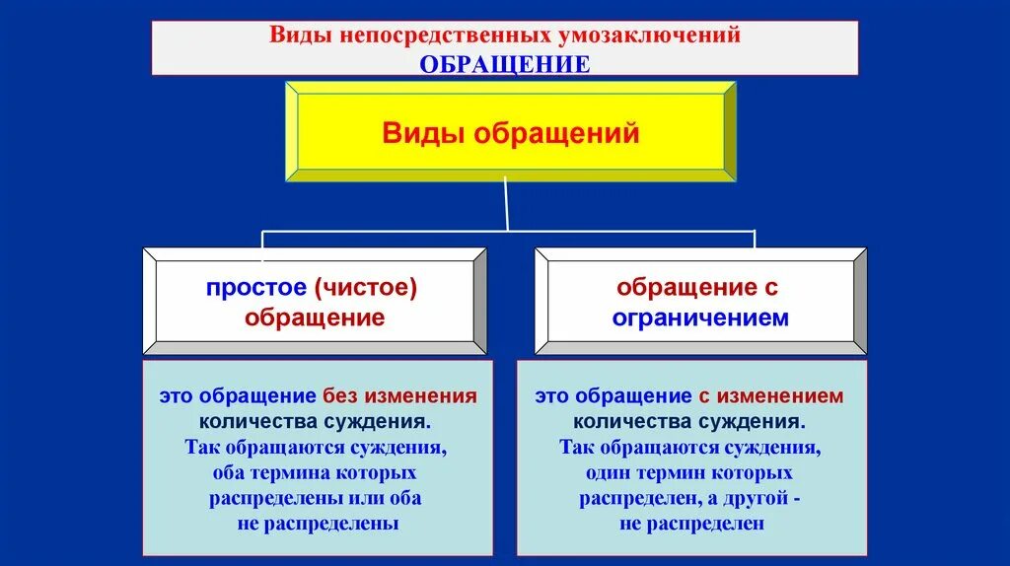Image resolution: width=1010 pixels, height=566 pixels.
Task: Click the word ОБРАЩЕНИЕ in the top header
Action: click(505, 64)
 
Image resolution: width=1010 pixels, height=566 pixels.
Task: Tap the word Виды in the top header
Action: click(297, 36)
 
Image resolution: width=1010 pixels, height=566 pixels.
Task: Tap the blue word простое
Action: click(256, 288)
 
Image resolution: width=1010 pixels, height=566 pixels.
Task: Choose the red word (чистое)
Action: click(367, 288)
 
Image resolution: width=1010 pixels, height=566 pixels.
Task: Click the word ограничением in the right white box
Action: click(700, 318)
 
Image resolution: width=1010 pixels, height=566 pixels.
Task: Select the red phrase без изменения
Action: click(399, 396)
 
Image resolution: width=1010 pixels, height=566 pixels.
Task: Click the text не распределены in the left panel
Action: click(318, 524)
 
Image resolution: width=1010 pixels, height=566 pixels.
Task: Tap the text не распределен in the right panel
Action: click(692, 524)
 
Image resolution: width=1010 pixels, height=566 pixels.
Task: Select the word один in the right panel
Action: click(608, 472)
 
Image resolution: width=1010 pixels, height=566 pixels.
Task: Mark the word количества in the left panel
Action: click(258, 422)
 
